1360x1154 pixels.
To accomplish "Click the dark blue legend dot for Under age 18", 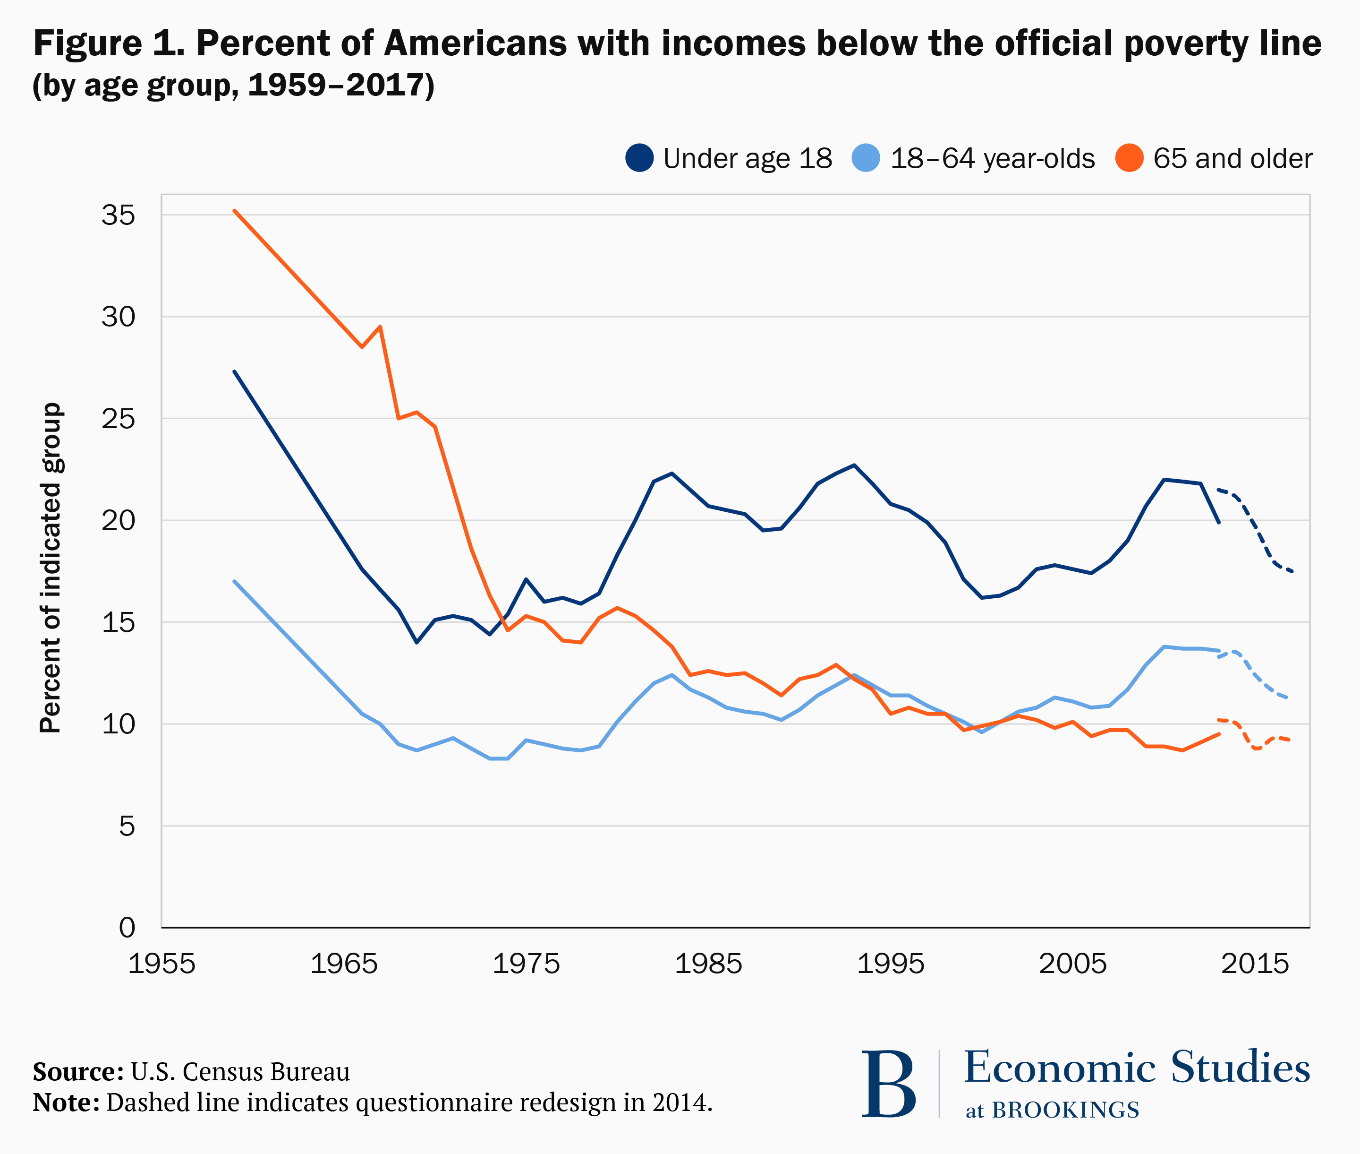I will [x=639, y=158].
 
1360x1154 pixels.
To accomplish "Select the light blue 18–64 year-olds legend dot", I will [x=867, y=158].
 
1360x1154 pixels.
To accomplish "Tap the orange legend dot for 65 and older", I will [x=1129, y=158].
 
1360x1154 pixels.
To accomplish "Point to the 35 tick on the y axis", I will [x=119, y=215].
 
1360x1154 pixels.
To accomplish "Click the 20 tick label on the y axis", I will [x=119, y=521].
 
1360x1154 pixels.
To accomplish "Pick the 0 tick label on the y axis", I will [x=127, y=928].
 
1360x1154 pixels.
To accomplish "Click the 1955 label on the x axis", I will [x=161, y=964].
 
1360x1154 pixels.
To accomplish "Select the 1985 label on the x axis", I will [x=708, y=964].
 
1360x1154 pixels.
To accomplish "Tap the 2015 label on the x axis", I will [x=1255, y=964].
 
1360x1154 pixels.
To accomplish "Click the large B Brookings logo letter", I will [x=888, y=1084].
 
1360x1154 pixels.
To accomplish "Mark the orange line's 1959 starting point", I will [x=234, y=211].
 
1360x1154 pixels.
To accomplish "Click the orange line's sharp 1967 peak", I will [x=380, y=327].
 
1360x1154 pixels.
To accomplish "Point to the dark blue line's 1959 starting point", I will [x=234, y=371].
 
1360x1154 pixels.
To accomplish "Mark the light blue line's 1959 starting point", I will [x=234, y=581].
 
